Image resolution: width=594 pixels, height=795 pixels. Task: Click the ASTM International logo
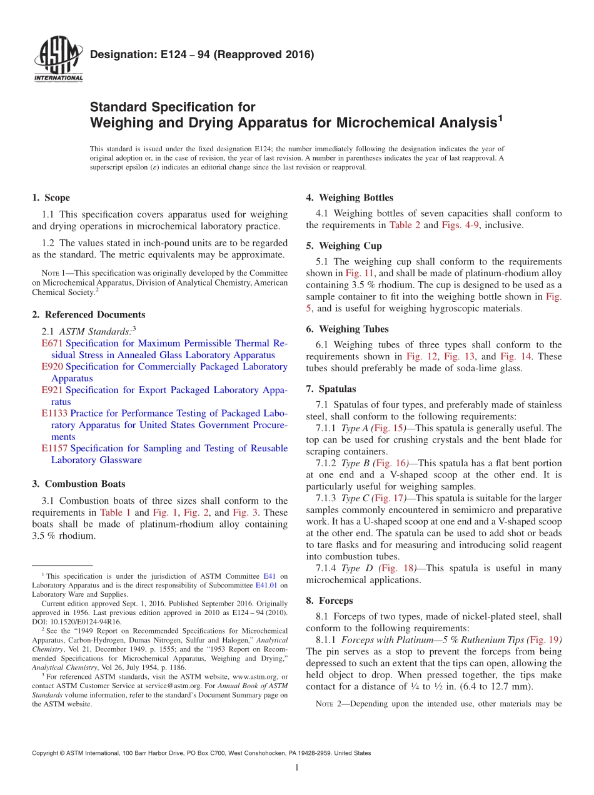tap(58, 61)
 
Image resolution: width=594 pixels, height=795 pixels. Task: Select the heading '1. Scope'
tap(51, 198)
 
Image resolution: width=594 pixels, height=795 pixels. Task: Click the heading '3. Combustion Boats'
tap(78, 484)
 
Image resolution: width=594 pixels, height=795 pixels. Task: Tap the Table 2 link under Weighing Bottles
tap(405, 225)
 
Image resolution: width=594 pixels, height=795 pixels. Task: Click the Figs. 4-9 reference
tap(461, 225)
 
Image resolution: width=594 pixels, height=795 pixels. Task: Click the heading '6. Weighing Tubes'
tap(347, 329)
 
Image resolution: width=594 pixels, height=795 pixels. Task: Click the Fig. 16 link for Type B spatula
tap(393, 463)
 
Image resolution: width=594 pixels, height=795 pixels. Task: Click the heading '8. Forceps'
tap(330, 601)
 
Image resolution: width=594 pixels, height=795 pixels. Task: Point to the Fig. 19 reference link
tap(544, 640)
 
